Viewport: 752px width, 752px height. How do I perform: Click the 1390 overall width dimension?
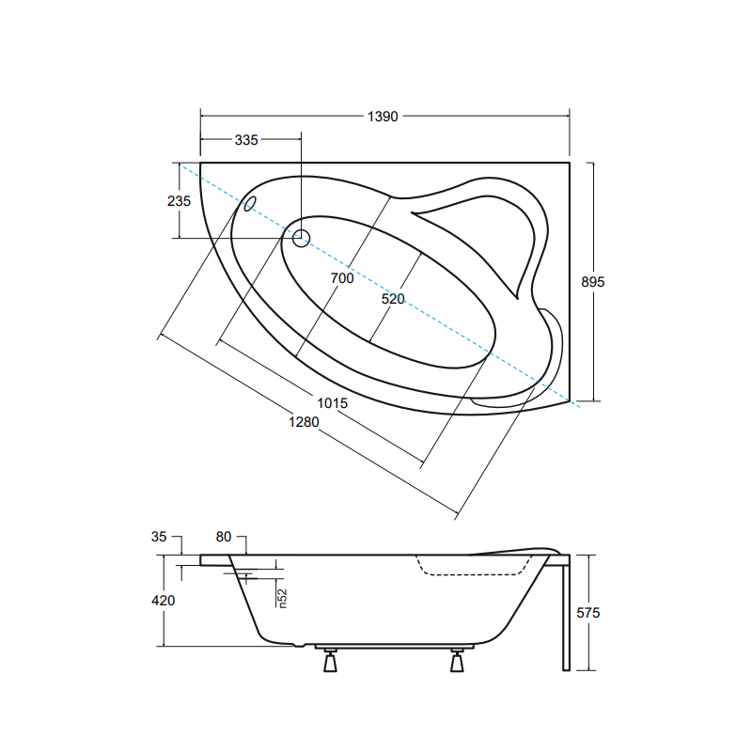383,117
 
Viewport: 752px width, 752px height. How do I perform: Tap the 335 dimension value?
246,140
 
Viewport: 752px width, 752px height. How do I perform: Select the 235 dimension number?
179,201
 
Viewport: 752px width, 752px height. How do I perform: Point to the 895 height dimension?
593,282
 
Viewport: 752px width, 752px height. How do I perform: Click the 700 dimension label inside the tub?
342,278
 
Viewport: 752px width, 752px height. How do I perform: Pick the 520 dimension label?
393,299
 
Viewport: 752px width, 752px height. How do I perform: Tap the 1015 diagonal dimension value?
333,403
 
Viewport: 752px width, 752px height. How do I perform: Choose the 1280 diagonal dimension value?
304,421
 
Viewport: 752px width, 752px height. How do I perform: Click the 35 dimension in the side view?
159,537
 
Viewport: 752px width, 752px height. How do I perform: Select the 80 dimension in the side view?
224,537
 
